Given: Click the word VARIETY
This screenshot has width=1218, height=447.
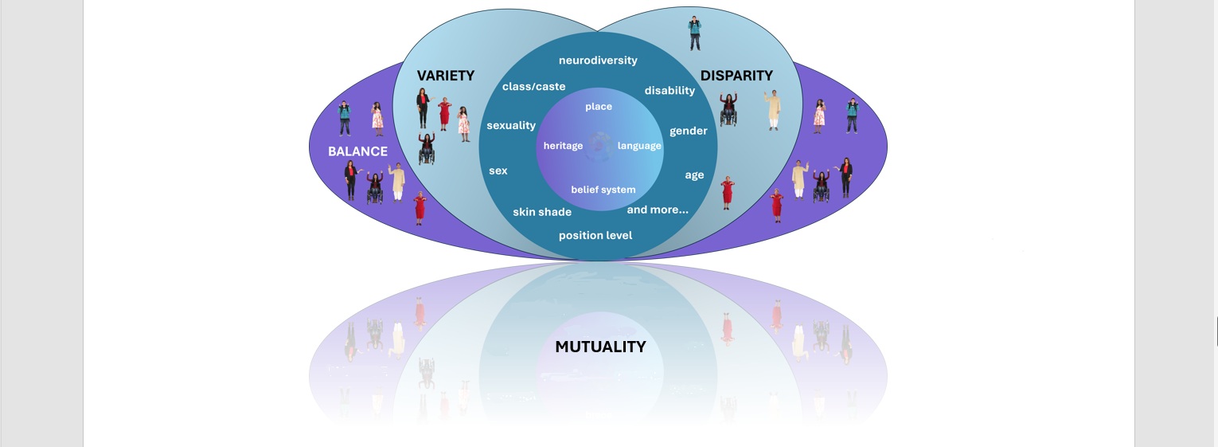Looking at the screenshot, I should pos(445,76).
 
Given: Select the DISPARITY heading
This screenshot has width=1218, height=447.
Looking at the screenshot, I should pos(736,76).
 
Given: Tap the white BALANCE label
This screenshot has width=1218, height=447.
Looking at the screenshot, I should pos(357,151).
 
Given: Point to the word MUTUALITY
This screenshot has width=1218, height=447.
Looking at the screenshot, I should pos(600,347).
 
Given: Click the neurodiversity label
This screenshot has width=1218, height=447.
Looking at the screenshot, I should pos(598,61).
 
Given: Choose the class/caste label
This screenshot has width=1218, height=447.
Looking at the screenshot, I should pos(533,86).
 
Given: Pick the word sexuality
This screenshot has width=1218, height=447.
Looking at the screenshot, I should pos(511,125).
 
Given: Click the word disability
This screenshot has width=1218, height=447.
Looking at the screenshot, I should pos(670,90).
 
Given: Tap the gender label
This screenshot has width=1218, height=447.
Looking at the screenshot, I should pos(688,131).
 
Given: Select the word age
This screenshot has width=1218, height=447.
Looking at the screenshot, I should pos(694,175).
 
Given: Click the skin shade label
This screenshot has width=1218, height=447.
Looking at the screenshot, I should pos(542,212).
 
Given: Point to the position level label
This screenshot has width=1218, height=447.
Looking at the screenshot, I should pos(595,235).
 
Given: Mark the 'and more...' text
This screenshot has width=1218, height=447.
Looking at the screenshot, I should pos(658,210).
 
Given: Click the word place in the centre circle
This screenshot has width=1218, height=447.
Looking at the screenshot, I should pos(599,107).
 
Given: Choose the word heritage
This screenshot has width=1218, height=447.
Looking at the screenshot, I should pos(563,146).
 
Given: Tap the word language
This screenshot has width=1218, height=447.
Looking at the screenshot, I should pos(639,146).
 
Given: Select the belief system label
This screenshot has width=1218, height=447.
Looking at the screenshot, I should pos(603,190).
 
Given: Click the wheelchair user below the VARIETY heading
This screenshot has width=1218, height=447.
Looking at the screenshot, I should pos(427,149).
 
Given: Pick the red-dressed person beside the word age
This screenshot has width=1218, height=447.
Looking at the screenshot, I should pos(726,194).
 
